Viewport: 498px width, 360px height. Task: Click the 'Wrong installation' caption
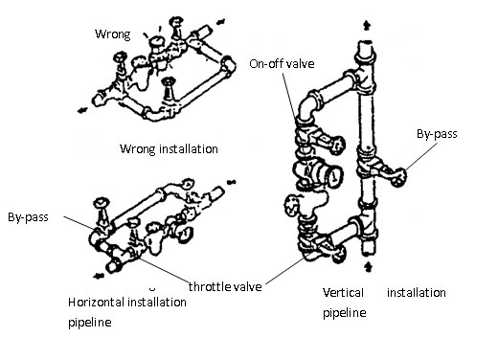[x=169, y=149]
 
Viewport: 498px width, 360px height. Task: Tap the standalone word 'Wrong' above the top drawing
[x=113, y=34]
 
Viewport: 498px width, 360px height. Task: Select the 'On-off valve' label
[x=282, y=64]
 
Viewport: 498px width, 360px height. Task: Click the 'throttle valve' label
[x=225, y=286]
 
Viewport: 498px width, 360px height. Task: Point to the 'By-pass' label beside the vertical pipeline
[x=437, y=134]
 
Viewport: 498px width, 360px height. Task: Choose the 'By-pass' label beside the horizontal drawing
[x=28, y=217]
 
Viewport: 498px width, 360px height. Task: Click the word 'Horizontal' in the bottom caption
[x=96, y=302]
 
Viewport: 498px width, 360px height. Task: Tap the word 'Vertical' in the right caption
[x=343, y=293]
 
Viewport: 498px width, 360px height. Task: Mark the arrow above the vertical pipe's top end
[x=368, y=26]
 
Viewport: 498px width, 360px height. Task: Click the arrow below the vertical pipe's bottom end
[x=369, y=266]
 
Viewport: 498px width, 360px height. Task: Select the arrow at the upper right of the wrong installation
[x=220, y=22]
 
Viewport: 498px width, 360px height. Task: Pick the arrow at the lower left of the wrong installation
[x=82, y=110]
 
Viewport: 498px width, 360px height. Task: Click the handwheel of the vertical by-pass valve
[x=399, y=177]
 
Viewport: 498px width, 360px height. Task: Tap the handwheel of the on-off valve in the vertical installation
[x=338, y=145]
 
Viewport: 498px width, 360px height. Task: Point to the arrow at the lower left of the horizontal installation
[x=99, y=276]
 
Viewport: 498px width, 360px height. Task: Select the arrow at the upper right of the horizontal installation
[x=231, y=182]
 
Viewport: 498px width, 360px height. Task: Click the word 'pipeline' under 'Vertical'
[x=345, y=312]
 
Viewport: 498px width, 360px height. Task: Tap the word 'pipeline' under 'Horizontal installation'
[x=90, y=323]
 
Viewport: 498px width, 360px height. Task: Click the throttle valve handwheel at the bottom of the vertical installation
[x=338, y=255]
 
